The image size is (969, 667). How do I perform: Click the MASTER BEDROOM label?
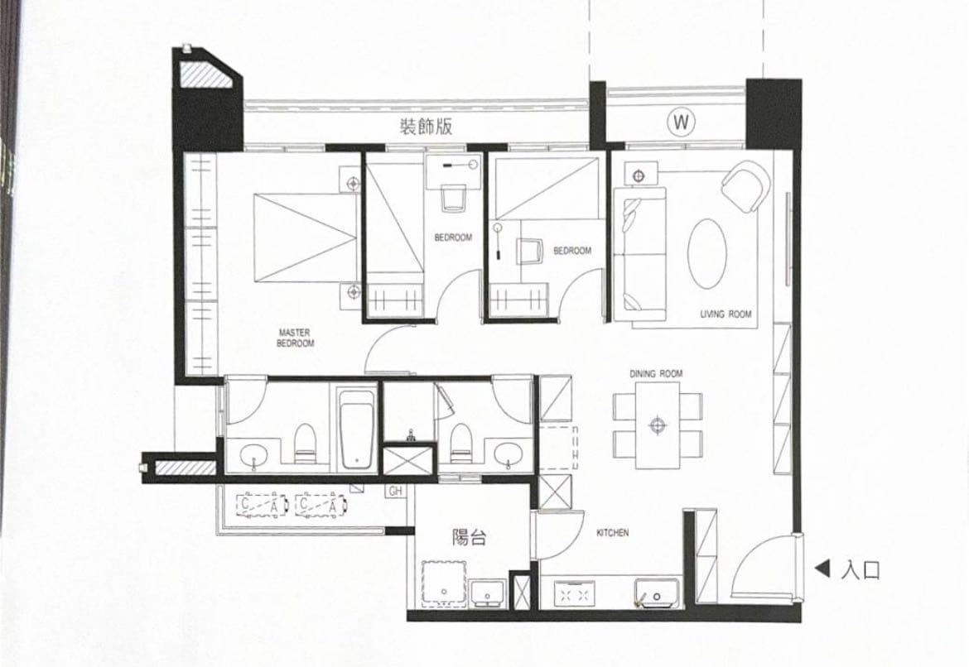click(296, 338)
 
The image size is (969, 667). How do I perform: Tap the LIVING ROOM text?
click(726, 314)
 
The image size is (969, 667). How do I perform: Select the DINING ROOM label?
click(656, 374)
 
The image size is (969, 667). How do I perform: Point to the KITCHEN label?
click(612, 532)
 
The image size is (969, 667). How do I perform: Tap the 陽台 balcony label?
click(470, 537)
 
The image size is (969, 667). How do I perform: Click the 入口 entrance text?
click(861, 570)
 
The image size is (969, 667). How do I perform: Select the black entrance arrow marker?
click(822, 569)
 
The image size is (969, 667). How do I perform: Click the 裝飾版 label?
click(426, 126)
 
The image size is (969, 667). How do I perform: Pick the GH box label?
click(396, 491)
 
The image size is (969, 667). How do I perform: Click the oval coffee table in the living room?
click(707, 254)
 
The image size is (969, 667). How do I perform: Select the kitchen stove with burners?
click(575, 593)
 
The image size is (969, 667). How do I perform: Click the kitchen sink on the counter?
click(658, 594)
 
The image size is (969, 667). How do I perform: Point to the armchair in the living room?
click(745, 186)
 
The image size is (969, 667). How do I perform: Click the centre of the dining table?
click(658, 425)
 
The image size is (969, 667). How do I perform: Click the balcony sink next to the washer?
click(488, 593)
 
